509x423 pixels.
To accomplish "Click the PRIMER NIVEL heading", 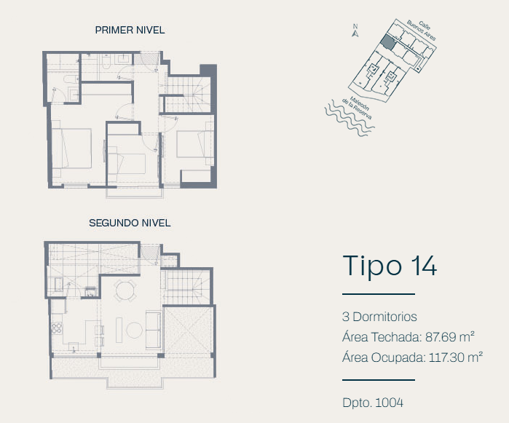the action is (130, 30).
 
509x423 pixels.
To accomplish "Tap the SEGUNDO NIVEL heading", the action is (130, 223).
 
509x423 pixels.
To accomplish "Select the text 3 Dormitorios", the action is (379, 317).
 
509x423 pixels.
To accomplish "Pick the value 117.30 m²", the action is (456, 357).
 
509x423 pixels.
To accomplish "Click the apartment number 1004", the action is (390, 403).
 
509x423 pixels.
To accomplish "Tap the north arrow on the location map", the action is (355, 31).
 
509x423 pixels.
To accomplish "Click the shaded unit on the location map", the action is (388, 42).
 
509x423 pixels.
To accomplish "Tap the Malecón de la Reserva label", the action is (357, 108).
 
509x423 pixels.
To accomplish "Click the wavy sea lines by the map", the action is (348, 119).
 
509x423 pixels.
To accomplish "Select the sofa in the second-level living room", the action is (154, 330).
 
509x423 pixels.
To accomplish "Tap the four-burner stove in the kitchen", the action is (57, 328).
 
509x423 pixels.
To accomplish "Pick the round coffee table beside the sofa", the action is (134, 330).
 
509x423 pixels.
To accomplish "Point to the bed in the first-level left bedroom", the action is (72, 149).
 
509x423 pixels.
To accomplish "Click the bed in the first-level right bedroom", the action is (194, 144).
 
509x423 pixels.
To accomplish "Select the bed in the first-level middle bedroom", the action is (126, 164).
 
